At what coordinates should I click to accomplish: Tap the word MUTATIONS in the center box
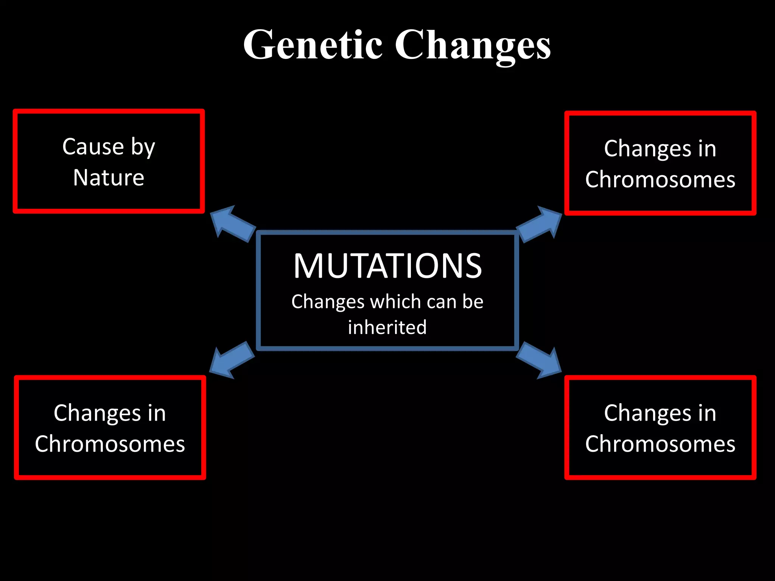click(387, 266)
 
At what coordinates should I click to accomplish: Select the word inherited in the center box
click(387, 327)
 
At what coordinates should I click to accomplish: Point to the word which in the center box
click(395, 301)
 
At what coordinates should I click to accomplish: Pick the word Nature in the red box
click(109, 177)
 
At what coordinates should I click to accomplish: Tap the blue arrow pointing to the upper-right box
click(539, 224)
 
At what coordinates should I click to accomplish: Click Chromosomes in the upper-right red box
click(660, 179)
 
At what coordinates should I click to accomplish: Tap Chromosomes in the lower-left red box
click(110, 444)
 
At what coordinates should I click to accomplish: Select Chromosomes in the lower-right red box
click(660, 444)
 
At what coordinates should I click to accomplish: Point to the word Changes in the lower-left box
click(97, 413)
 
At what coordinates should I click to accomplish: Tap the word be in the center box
click(473, 301)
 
